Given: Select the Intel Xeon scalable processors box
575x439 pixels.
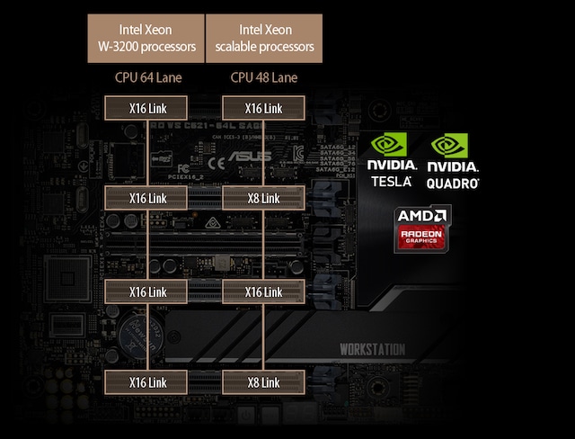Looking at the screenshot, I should click(263, 38).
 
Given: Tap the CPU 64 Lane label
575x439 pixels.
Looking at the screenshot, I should click(148, 77).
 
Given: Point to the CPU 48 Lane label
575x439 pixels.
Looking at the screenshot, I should click(263, 77).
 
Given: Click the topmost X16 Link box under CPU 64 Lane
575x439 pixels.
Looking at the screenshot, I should click(148, 108).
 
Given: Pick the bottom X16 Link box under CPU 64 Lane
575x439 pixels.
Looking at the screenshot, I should click(148, 382).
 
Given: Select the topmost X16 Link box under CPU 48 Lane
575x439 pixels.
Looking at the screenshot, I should click(263, 108).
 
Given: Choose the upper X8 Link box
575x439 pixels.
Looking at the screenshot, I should click(263, 198).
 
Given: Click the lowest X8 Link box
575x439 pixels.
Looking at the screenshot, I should click(263, 382).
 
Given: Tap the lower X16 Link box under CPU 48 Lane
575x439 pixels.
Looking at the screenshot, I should click(263, 291).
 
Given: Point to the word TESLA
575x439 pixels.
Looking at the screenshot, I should click(391, 181).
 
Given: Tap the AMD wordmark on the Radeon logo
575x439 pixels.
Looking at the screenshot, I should click(420, 217).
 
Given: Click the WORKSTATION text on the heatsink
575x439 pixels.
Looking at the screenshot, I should click(372, 349).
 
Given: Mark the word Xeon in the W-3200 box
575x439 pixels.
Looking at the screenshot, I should click(166, 29).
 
